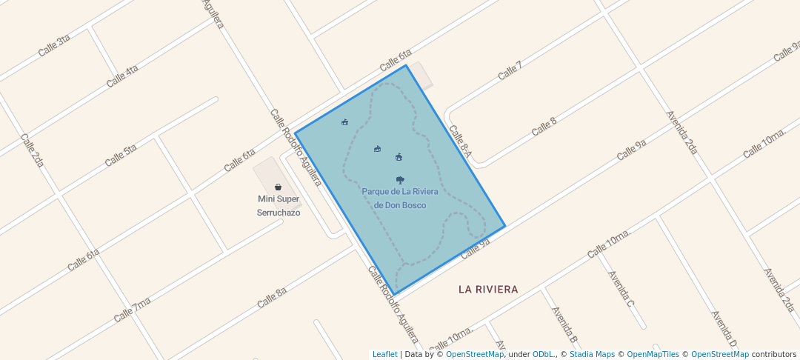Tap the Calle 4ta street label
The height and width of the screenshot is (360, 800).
[122, 76]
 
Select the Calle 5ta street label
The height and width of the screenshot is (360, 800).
[121, 155]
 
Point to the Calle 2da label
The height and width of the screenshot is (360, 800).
[34, 150]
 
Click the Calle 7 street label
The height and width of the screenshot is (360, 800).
[510, 70]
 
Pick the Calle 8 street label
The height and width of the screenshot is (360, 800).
[544, 127]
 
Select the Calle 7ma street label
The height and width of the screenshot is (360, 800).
[133, 309]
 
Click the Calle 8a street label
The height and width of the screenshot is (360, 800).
[272, 298]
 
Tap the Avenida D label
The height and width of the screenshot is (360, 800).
[724, 328]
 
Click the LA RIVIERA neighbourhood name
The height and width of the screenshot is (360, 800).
[488, 289]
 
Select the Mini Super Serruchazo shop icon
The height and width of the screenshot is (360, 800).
[278, 187]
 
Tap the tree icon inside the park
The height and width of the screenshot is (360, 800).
[400, 180]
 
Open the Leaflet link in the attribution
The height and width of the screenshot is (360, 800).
[384, 355]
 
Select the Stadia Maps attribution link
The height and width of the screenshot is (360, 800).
[592, 355]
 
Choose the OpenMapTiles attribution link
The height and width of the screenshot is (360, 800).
[648, 355]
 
